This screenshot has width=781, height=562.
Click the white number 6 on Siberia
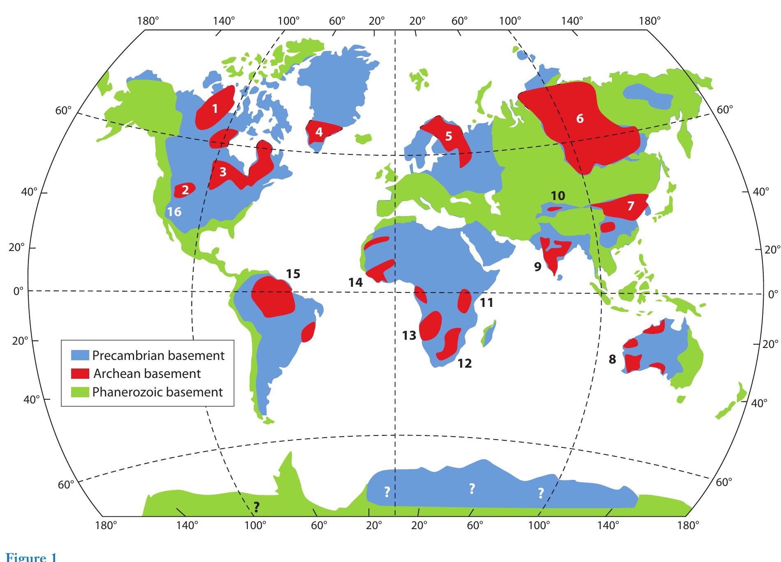[579, 118]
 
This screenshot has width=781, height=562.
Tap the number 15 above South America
[293, 274]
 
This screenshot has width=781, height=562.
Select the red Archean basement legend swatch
[80, 373]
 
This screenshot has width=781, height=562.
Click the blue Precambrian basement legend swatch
[80, 355]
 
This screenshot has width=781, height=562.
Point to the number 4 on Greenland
[319, 132]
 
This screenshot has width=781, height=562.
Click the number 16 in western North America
[174, 212]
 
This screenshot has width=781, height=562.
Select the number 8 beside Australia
[612, 359]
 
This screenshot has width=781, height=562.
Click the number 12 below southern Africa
[465, 363]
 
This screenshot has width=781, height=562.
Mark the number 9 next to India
[538, 267]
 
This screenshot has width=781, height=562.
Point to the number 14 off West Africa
[355, 282]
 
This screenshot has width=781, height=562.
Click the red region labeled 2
[185, 190]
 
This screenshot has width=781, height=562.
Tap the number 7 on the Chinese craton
[630, 205]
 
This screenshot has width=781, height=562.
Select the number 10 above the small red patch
[558, 196]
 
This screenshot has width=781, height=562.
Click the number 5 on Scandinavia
[448, 136]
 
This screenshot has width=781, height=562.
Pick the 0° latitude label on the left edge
[19, 291]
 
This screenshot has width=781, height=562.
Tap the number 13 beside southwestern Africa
[409, 336]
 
